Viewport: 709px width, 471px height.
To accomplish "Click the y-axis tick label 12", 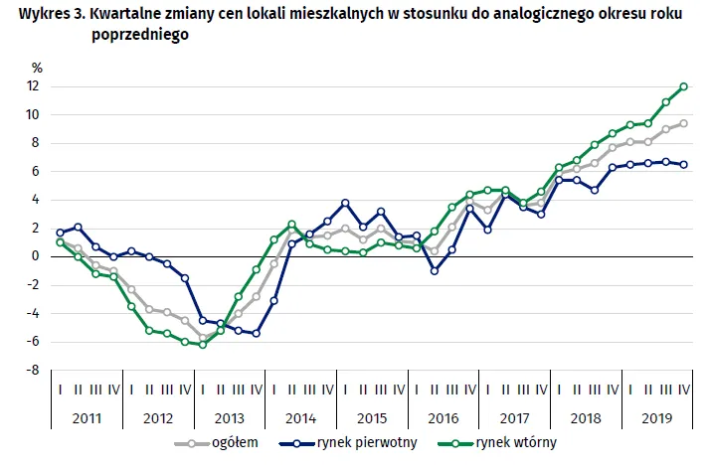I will [34, 86].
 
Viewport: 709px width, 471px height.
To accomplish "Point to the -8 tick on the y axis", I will [33, 370].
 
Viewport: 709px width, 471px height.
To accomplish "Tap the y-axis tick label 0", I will [36, 256].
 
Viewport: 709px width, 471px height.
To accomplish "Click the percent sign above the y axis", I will [37, 69].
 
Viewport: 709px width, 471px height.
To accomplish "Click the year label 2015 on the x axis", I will [372, 418].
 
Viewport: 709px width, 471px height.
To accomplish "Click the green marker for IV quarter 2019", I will [684, 86].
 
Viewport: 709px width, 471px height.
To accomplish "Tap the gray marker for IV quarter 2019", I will [684, 123].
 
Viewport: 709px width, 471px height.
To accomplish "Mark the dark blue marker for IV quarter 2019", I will [684, 165].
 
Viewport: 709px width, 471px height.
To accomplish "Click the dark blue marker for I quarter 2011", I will [60, 233].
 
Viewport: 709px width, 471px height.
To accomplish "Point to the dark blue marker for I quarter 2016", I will [435, 270].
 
